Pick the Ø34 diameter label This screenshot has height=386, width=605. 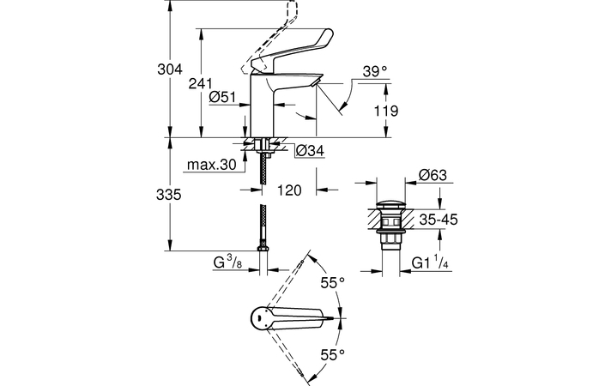(x=310, y=152)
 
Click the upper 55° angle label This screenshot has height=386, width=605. (x=332, y=282)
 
